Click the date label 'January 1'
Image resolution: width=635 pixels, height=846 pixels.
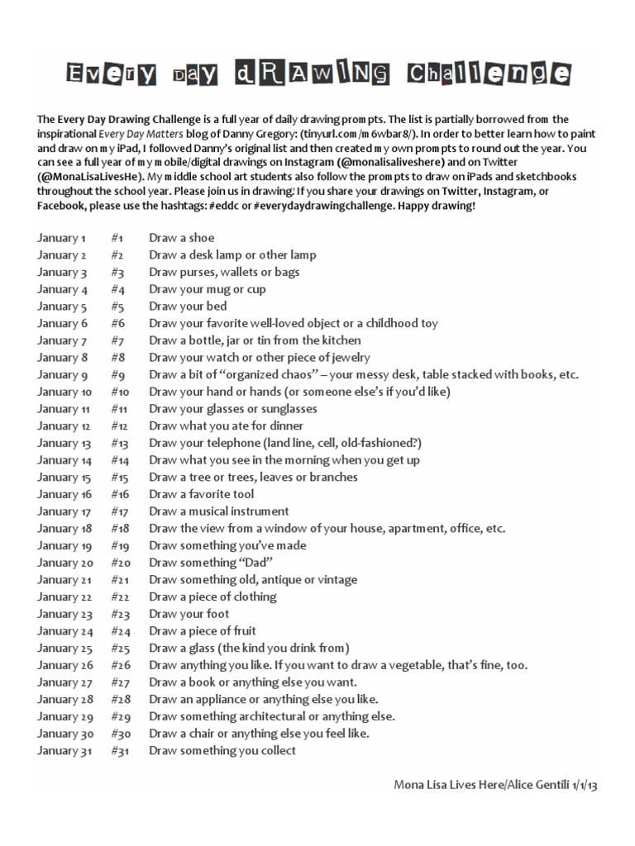[62, 238]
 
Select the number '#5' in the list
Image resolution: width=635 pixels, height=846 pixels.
[117, 307]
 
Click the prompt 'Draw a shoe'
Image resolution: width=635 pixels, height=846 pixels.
[181, 238]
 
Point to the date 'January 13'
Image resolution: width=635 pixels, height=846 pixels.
[64, 443]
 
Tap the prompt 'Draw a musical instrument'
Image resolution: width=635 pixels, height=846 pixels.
[218, 511]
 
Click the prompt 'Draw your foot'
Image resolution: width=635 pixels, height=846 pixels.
[189, 614]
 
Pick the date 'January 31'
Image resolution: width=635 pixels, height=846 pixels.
[64, 751]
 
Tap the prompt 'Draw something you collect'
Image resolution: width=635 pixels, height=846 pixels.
[222, 751]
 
